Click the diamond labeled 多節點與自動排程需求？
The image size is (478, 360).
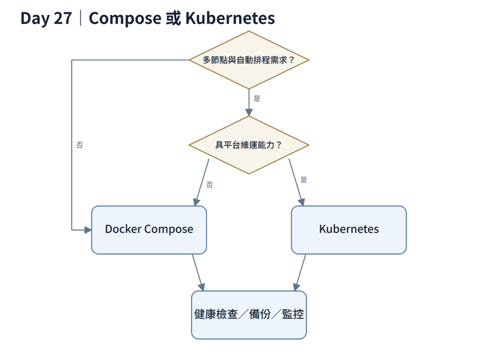point(249,60)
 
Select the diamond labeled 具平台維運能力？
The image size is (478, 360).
point(249,145)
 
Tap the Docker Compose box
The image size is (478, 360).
point(149,230)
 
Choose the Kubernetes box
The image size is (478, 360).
point(349,230)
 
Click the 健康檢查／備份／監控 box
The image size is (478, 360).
point(249,315)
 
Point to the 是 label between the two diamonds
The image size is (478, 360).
point(257,99)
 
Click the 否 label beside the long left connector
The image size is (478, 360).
point(79,145)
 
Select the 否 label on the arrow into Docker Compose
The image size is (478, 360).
point(210,184)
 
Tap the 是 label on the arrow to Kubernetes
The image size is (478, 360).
point(303,180)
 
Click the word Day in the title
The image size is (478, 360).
point(35,19)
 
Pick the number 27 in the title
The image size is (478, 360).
point(63,18)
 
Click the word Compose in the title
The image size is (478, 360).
point(125,19)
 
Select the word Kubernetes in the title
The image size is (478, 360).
point(230,18)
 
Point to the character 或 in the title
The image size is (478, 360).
point(174,18)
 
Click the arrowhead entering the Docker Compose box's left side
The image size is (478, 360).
point(88,230)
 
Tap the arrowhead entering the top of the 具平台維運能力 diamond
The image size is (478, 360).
point(249,113)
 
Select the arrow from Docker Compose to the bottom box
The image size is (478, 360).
point(197,273)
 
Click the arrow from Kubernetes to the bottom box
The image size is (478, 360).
point(300,273)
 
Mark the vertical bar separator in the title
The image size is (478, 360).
point(80,18)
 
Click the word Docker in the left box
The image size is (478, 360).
point(123,229)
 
